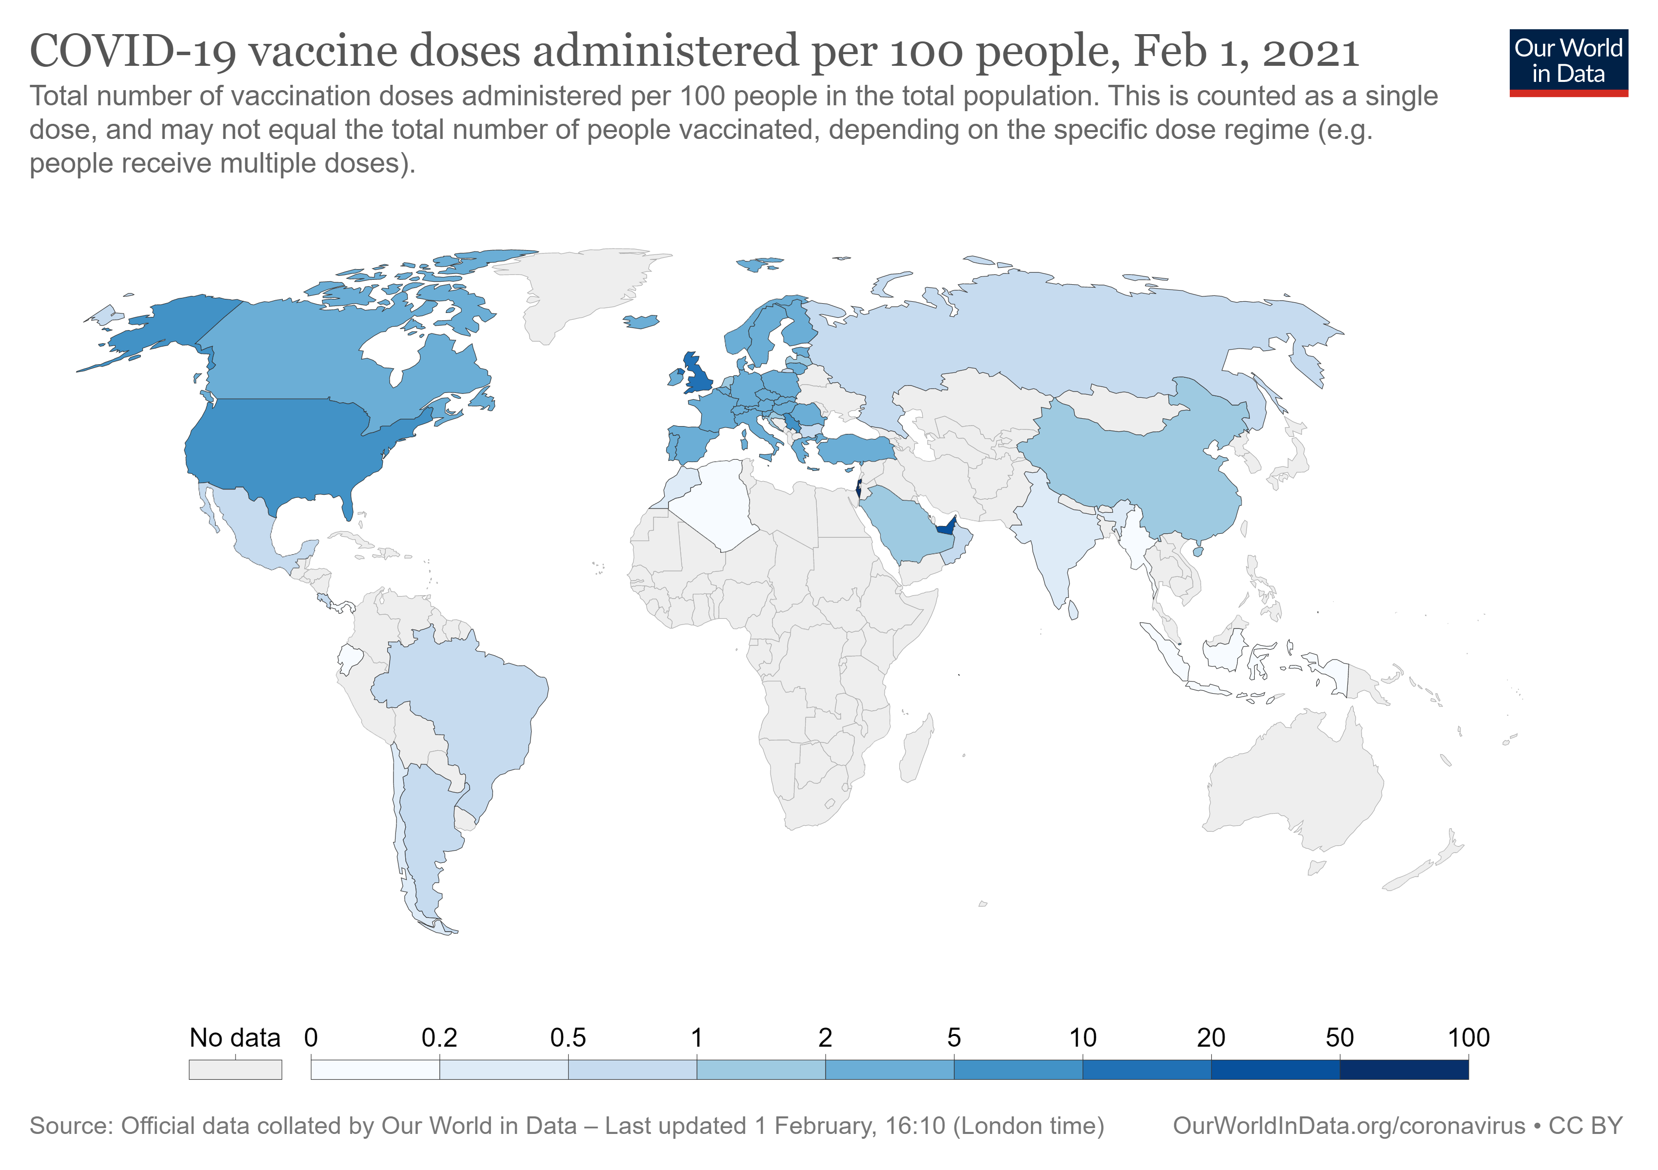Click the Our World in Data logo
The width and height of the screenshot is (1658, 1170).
pos(1568,62)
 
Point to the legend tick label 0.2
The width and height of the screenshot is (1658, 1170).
pos(439,1038)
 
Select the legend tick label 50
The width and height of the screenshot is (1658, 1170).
pos(1340,1038)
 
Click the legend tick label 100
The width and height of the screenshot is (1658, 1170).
pos(1468,1038)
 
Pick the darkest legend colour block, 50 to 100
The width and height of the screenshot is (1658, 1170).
pos(1404,1069)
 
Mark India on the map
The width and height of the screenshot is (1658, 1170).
pos(1054,541)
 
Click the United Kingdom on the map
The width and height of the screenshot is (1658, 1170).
pos(699,375)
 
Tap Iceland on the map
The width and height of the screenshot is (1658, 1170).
pos(642,321)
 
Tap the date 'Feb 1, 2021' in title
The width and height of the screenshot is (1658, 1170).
pos(1245,52)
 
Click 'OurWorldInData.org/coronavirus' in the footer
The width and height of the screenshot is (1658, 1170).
pos(1348,1127)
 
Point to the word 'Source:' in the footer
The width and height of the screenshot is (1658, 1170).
pos(71,1127)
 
